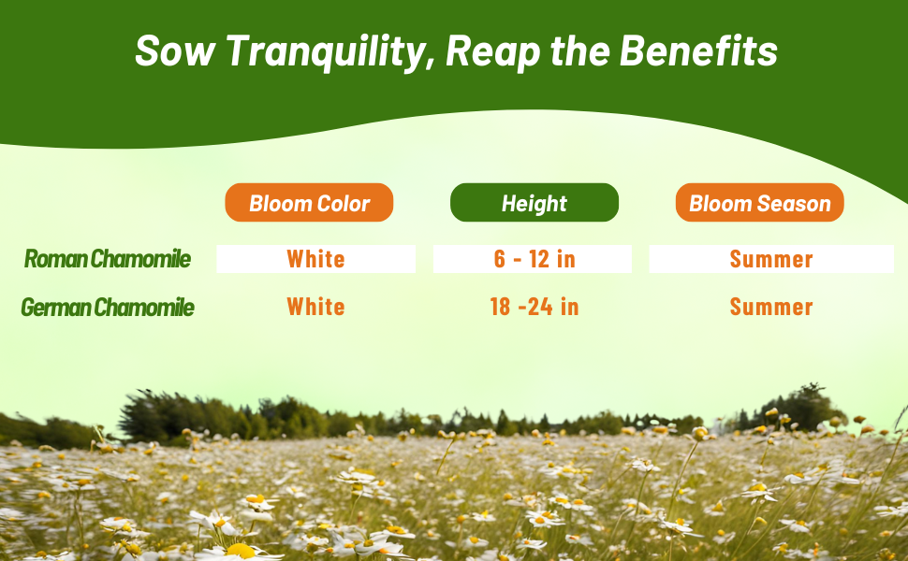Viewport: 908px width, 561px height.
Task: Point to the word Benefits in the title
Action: (x=698, y=50)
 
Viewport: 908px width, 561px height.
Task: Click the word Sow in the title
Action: (x=175, y=51)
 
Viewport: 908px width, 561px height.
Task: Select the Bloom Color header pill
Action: (x=309, y=202)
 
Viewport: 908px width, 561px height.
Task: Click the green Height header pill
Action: (x=535, y=202)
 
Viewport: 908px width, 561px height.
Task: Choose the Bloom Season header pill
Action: (x=760, y=202)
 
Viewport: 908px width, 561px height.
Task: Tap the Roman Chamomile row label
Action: (x=108, y=258)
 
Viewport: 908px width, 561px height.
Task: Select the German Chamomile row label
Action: (x=108, y=307)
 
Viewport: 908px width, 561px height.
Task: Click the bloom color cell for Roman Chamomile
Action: (x=316, y=258)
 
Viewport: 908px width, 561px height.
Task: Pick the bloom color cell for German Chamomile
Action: (x=316, y=307)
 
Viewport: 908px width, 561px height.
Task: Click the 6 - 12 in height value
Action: (x=534, y=258)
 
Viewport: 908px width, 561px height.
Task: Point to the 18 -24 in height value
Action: (x=534, y=307)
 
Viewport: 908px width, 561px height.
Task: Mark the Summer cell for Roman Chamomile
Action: (x=771, y=258)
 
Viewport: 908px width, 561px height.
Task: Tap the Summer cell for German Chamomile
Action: (x=771, y=307)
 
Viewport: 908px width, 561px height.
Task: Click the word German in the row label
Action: (x=55, y=307)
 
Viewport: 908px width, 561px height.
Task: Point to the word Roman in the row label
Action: (x=55, y=258)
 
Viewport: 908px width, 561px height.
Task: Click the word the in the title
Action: (x=580, y=50)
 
